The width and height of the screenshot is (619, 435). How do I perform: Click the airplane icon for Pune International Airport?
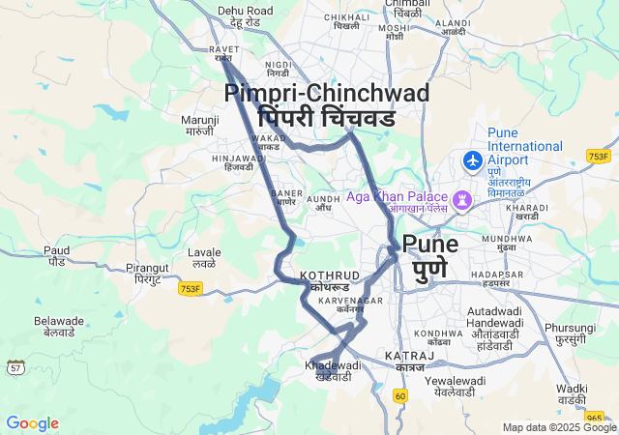(x=473, y=159)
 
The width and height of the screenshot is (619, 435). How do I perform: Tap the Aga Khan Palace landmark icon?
(x=463, y=200)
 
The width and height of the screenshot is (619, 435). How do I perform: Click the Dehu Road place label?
(x=246, y=16)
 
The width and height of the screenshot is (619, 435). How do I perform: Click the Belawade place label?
(x=60, y=326)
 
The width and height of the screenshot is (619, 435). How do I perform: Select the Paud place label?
(x=56, y=256)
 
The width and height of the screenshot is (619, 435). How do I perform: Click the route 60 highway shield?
(x=400, y=395)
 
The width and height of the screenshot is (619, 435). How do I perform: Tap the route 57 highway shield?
(x=15, y=367)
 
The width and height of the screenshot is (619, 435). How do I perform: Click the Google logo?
(x=32, y=423)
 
